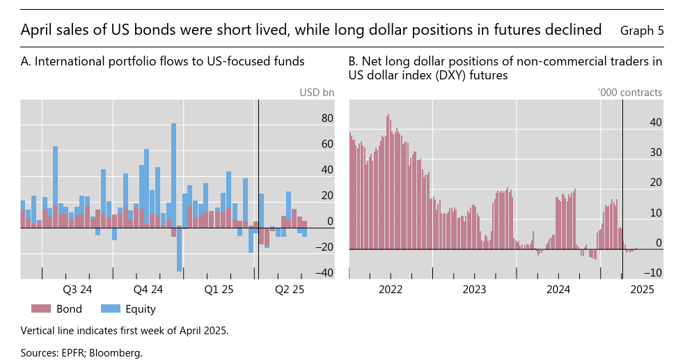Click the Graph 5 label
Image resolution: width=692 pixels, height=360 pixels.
641,31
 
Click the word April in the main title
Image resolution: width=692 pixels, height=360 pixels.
37,30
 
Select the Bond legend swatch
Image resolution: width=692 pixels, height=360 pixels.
42,309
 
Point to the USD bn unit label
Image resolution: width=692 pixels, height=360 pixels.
317,92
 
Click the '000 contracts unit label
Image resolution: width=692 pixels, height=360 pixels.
629,92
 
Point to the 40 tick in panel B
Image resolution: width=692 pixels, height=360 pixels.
655,123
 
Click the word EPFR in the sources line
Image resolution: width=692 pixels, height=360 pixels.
73,353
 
